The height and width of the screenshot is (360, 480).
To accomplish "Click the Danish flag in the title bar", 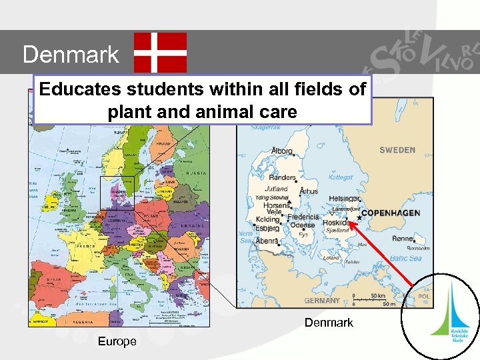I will tap(160, 52).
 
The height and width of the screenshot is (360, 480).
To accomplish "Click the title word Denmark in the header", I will tap(71, 54).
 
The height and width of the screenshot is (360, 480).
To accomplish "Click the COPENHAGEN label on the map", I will tap(391, 213).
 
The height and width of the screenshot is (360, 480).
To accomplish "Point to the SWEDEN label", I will tap(397, 151).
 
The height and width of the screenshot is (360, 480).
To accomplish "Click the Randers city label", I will tap(283, 177).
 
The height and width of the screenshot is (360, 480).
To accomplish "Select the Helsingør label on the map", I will tap(345, 199).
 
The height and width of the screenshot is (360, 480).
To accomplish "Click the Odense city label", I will tap(303, 225).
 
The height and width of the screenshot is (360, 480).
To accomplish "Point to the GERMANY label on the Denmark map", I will tap(322, 301).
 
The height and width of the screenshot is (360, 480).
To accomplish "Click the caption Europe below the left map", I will tap(117, 341).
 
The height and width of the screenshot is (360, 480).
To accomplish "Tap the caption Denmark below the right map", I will tap(329, 323).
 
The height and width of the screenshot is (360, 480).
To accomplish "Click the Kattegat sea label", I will tap(341, 177).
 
